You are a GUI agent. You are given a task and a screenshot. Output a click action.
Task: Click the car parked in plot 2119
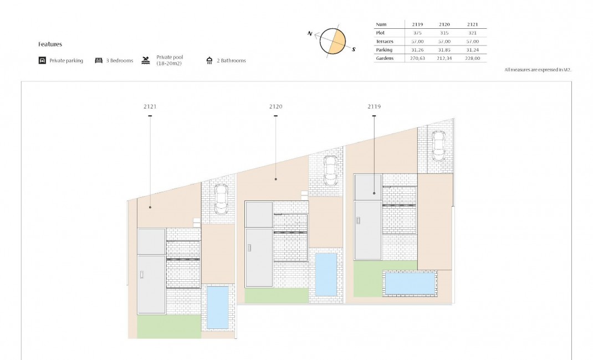point(438,146)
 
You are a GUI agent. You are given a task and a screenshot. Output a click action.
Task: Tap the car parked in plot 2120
point(330,171)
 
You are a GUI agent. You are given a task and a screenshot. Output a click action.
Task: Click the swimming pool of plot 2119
point(410,283)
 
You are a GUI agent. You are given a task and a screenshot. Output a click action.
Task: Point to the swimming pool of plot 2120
point(326,275)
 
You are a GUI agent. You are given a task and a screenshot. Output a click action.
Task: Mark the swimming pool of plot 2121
point(217,307)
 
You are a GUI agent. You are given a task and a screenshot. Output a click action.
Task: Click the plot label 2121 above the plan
point(150,106)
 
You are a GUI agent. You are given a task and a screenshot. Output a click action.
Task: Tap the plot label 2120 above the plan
point(275,106)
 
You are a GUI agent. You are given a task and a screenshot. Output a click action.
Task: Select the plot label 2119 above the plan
point(374,106)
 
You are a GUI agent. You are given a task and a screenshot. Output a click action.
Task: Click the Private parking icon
point(42,60)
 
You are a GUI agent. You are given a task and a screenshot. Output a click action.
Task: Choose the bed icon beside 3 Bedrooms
point(99,60)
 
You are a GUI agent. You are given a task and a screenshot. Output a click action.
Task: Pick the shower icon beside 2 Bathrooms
point(209,60)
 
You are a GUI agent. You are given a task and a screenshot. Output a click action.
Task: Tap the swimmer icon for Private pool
point(145,60)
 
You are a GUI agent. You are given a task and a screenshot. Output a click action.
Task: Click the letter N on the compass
point(310,34)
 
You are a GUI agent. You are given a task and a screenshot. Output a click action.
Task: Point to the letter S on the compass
point(354,49)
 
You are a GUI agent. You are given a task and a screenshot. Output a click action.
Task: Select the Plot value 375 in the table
point(417,33)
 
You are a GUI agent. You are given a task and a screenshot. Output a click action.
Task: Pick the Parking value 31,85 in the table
point(444,50)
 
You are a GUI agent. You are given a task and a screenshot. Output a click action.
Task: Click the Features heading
point(50,44)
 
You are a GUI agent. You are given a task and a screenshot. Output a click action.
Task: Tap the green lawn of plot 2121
point(168,327)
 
